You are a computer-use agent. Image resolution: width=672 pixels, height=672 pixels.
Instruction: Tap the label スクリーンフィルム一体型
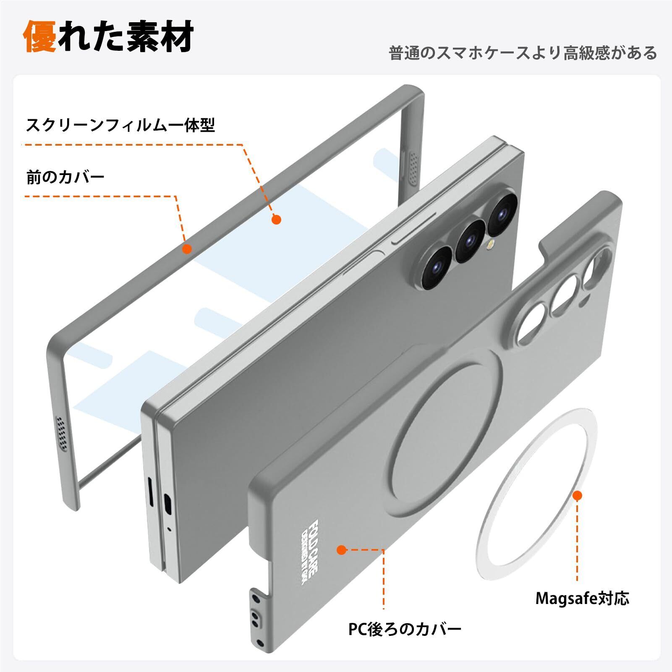[120, 125]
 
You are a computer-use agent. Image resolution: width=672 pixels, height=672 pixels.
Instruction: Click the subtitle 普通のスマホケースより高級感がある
[523, 53]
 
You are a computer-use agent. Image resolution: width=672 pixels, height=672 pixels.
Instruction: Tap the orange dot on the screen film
[276, 219]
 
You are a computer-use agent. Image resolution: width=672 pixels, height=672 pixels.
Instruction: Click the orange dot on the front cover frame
[187, 249]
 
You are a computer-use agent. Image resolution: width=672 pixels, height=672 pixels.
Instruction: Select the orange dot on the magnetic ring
[578, 496]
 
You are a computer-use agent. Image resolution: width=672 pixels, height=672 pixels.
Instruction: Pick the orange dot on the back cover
[342, 550]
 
